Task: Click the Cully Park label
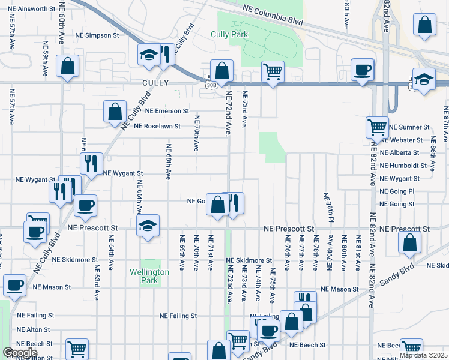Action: pyautogui.click(x=229, y=34)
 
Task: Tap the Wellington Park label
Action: pyautogui.click(x=149, y=275)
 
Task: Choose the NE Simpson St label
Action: pyautogui.click(x=106, y=35)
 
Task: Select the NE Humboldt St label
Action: pyautogui.click(x=403, y=166)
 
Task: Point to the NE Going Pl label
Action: pyautogui.click(x=397, y=191)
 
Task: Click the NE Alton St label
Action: pyautogui.click(x=34, y=329)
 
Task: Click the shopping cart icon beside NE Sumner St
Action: pyautogui.click(x=377, y=127)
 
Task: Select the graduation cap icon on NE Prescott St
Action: pyautogui.click(x=148, y=226)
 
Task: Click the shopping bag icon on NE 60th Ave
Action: pyautogui.click(x=67, y=66)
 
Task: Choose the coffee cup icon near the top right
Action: pyautogui.click(x=363, y=69)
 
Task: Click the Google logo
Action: pyautogui.click(x=20, y=353)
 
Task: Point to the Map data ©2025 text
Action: pyautogui.click(x=423, y=355)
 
